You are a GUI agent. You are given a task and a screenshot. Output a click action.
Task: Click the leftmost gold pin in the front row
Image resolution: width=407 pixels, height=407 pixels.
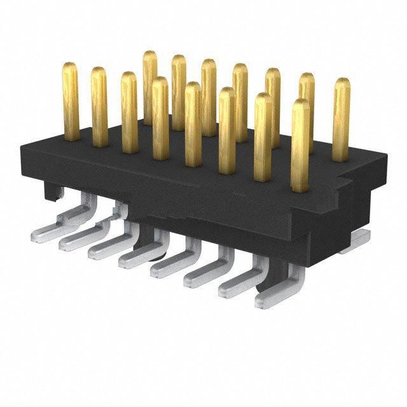[71, 102]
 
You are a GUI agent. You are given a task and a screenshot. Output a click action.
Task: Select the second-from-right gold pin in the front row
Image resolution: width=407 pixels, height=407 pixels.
[263, 137]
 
